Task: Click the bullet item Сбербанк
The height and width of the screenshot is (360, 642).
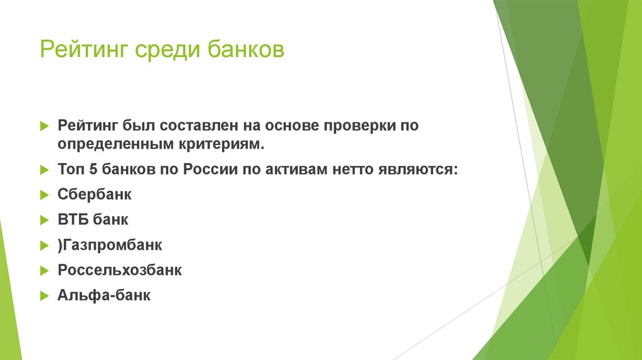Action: coord(95,194)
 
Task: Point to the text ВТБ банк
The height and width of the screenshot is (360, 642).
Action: coord(93,220)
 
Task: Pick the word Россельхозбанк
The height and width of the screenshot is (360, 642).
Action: coord(120,270)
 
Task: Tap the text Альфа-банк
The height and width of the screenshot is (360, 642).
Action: coord(104,295)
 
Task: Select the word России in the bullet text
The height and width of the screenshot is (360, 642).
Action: coord(207,170)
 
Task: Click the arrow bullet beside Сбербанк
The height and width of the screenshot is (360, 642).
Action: coord(44,194)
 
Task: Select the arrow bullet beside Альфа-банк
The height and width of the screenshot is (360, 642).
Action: coord(44,295)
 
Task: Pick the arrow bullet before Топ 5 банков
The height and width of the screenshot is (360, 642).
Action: coord(44,170)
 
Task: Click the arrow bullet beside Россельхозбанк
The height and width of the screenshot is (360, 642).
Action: coord(44,270)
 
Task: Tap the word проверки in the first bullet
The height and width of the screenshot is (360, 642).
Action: coord(359,125)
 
